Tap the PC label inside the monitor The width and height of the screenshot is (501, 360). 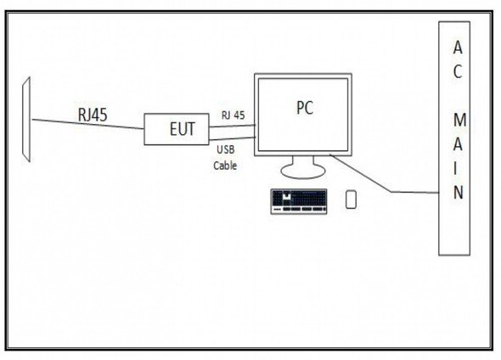pyautogui.click(x=305, y=108)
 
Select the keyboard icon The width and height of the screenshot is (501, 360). pyautogui.click(x=299, y=201)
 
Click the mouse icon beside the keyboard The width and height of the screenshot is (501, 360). pyautogui.click(x=351, y=200)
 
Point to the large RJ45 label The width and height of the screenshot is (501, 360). pyautogui.click(x=93, y=115)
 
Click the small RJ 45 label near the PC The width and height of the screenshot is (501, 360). pyautogui.click(x=234, y=115)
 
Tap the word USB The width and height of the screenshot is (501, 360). pyautogui.click(x=226, y=149)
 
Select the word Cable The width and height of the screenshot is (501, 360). pyautogui.click(x=225, y=166)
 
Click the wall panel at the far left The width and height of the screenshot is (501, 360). pyautogui.click(x=26, y=120)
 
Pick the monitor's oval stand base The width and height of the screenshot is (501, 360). pyautogui.click(x=303, y=172)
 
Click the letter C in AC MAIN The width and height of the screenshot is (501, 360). pyautogui.click(x=458, y=71)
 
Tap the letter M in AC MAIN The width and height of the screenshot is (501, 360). pyautogui.click(x=459, y=120)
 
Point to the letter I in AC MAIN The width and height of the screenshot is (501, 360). pyautogui.click(x=456, y=168)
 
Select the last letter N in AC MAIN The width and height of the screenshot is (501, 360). pyautogui.click(x=459, y=192)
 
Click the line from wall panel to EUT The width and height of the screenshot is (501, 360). pyautogui.click(x=87, y=124)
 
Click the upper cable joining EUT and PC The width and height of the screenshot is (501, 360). pyautogui.click(x=233, y=127)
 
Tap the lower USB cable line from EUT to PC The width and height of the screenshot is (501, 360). pyautogui.click(x=233, y=138)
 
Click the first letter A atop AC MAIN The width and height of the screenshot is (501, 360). pyautogui.click(x=458, y=48)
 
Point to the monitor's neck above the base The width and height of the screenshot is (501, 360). pyautogui.click(x=303, y=161)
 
